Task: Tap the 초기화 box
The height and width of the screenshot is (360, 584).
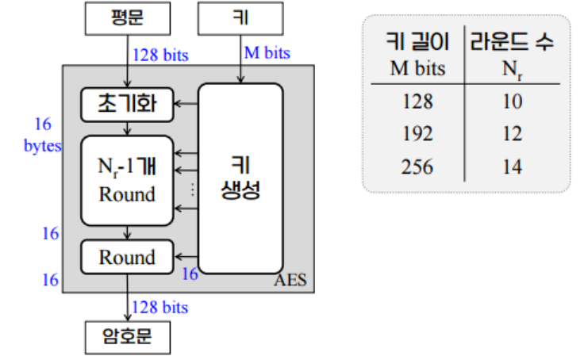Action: [x=128, y=104]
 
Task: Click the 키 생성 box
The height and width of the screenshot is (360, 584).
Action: [x=240, y=178]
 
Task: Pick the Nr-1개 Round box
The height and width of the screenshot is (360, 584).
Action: [x=127, y=180]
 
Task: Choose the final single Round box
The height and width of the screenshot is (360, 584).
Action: [x=127, y=257]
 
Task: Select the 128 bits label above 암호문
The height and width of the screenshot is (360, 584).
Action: [x=160, y=307]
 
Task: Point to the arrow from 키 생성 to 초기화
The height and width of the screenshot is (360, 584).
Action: [x=186, y=104]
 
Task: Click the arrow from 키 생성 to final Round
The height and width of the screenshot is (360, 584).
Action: [x=186, y=257]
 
